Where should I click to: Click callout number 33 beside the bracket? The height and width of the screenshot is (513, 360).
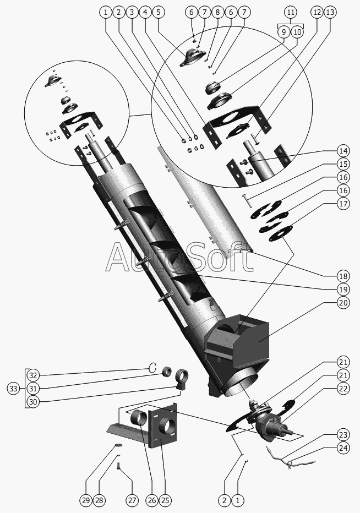coord(13,389)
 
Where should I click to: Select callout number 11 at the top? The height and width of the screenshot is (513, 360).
coord(291,12)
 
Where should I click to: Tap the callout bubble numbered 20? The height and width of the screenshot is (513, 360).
coord(343,302)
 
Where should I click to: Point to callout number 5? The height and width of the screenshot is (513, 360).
coord(159,12)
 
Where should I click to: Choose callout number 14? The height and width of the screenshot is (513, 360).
coord(343,150)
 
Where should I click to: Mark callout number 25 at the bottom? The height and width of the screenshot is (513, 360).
coord(165,500)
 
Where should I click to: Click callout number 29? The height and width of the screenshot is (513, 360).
coord(85,500)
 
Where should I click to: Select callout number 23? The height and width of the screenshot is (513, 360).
coord(343,433)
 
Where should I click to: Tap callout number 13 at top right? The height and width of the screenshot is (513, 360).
coord(329,12)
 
